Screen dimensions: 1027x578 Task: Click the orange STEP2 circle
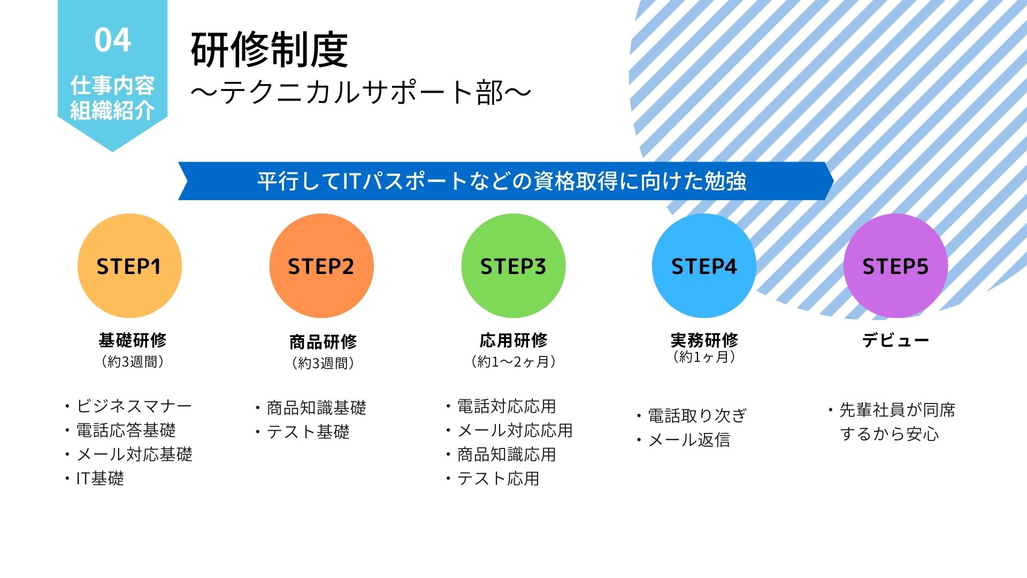tap(321, 266)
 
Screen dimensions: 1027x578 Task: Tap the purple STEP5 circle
tap(895, 266)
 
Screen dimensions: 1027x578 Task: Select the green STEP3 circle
tap(513, 266)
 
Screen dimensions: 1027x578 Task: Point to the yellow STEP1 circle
tap(129, 266)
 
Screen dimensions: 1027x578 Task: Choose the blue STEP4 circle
tap(704, 266)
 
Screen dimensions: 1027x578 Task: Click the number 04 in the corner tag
tap(112, 40)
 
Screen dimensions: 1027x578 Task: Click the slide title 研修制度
tap(270, 50)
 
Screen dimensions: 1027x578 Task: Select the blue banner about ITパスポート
tap(505, 181)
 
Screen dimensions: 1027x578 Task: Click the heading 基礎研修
tap(133, 340)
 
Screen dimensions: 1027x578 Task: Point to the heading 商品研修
tap(323, 341)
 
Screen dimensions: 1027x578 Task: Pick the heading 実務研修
tap(704, 340)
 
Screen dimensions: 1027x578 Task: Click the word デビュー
tap(895, 340)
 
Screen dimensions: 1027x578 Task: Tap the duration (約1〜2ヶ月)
tap(513, 362)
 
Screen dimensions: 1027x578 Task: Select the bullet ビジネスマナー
tap(134, 406)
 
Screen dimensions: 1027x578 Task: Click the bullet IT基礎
tap(100, 478)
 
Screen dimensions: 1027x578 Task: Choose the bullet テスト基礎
tap(308, 432)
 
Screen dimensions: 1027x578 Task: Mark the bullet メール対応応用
tap(515, 430)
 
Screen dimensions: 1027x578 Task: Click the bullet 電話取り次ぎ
tap(698, 415)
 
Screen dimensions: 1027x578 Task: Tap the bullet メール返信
tap(689, 440)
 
